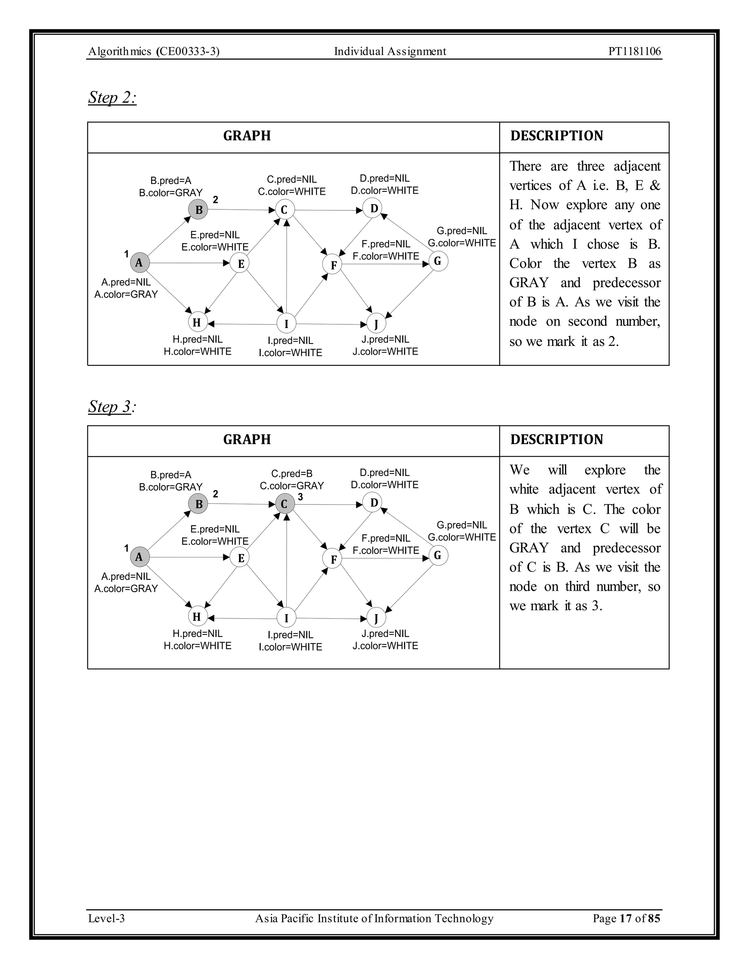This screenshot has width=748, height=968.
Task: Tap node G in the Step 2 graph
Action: click(x=438, y=261)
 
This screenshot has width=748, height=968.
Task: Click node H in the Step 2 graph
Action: click(x=197, y=322)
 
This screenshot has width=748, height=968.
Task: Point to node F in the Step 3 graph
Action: click(x=333, y=559)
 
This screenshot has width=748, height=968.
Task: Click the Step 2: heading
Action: click(x=112, y=98)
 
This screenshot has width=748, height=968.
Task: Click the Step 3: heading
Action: click(x=112, y=407)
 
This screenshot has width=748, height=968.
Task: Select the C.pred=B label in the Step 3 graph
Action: click(x=291, y=473)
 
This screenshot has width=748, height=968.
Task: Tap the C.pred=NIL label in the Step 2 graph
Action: click(x=291, y=179)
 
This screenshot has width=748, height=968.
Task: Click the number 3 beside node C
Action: click(x=301, y=497)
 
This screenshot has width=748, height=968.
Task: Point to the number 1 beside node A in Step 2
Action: click(x=126, y=254)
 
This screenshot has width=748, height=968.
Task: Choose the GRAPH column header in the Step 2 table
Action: click(x=247, y=136)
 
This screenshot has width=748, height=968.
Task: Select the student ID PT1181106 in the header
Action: click(x=634, y=52)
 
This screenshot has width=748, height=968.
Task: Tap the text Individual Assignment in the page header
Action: click(x=390, y=52)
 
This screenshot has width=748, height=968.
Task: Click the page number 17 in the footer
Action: click(x=625, y=918)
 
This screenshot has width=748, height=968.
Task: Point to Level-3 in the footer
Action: click(x=106, y=918)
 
